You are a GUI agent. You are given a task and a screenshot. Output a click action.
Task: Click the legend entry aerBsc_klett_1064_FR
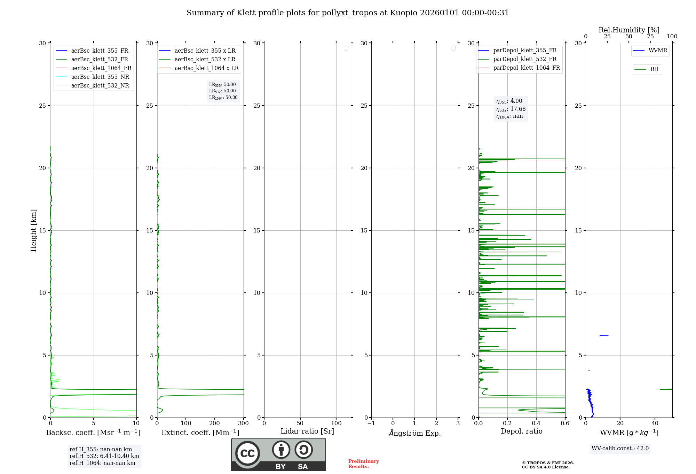[x=101, y=68]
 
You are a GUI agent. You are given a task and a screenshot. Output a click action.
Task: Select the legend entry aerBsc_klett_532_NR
[x=100, y=86]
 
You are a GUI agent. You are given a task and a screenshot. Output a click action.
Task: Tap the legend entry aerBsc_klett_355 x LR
[x=205, y=51]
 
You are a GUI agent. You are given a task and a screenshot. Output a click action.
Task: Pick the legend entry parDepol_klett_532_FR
[x=525, y=59]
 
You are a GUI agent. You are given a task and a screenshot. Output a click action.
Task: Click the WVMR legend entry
[x=657, y=51]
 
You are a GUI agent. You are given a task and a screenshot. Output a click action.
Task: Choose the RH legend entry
[x=654, y=69]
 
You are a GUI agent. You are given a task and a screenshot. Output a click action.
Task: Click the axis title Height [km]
[x=33, y=230]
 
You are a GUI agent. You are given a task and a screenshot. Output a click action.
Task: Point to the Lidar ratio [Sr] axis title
[x=307, y=431]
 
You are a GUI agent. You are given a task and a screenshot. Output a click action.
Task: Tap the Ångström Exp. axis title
[x=415, y=433]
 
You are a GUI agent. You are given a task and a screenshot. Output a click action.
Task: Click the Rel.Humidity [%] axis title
[x=629, y=30]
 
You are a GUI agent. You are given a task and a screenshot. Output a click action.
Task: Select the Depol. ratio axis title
[x=522, y=431]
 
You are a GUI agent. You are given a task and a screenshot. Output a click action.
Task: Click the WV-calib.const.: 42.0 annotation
[x=620, y=449]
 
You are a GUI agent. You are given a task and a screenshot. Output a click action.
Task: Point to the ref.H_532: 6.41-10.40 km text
[x=104, y=456]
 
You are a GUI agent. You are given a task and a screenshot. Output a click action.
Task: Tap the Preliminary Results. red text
[x=363, y=464]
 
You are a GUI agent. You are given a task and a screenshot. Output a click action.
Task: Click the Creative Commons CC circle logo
[x=247, y=453]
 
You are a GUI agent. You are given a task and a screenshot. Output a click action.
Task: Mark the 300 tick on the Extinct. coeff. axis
[x=243, y=423]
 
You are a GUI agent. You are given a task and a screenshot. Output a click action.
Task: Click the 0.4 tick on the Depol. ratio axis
[x=536, y=423]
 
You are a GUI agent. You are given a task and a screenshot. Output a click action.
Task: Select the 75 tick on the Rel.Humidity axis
[x=650, y=37]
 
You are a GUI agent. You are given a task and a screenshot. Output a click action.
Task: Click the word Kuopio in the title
[x=404, y=13]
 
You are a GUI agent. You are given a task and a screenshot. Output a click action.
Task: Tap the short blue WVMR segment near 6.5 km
[x=604, y=336]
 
